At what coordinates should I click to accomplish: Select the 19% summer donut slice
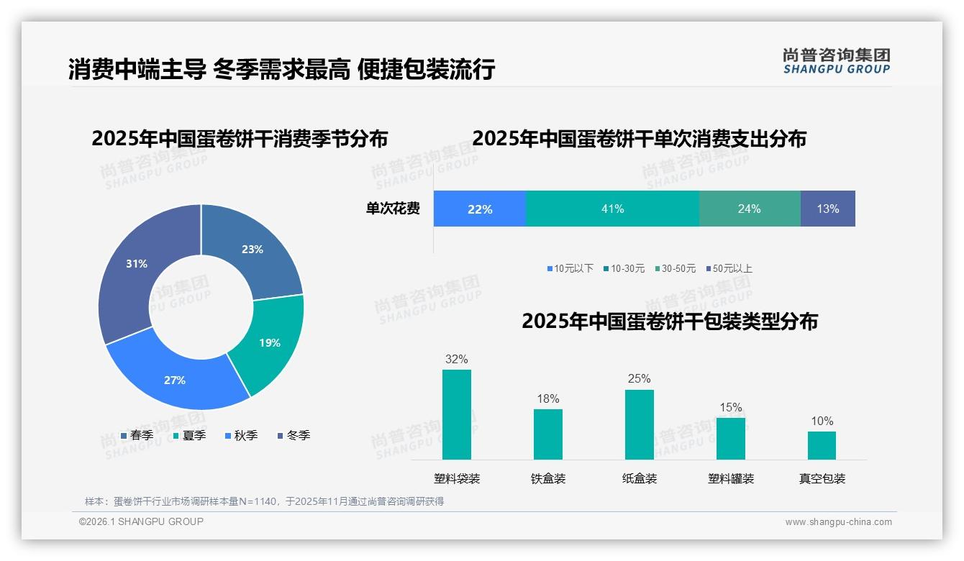click(x=270, y=342)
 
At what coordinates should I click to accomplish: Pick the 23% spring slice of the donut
click(x=252, y=250)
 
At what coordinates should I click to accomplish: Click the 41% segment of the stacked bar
click(x=612, y=209)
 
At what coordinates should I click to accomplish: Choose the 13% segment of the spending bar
click(x=827, y=209)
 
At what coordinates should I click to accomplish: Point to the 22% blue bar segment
click(x=480, y=209)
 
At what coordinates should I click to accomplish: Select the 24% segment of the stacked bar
click(x=749, y=209)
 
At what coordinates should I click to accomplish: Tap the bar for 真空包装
click(x=822, y=445)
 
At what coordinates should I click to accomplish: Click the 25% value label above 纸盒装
click(x=639, y=378)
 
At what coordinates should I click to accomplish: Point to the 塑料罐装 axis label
click(x=730, y=478)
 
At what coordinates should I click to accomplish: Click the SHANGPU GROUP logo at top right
click(x=836, y=60)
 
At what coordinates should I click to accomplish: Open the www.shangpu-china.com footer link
click(x=838, y=521)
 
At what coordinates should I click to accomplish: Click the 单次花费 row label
click(x=393, y=209)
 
